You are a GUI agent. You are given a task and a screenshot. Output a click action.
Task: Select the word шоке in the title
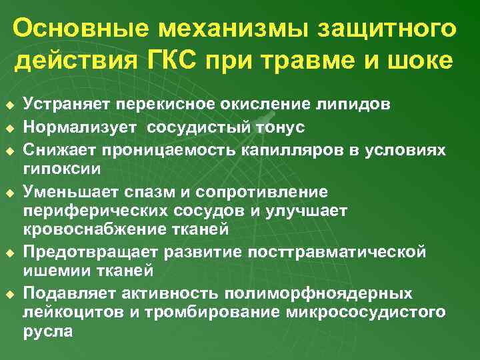[417, 61]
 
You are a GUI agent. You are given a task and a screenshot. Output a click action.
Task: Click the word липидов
[357, 105]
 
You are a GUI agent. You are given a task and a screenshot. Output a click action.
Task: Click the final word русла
[47, 331]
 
